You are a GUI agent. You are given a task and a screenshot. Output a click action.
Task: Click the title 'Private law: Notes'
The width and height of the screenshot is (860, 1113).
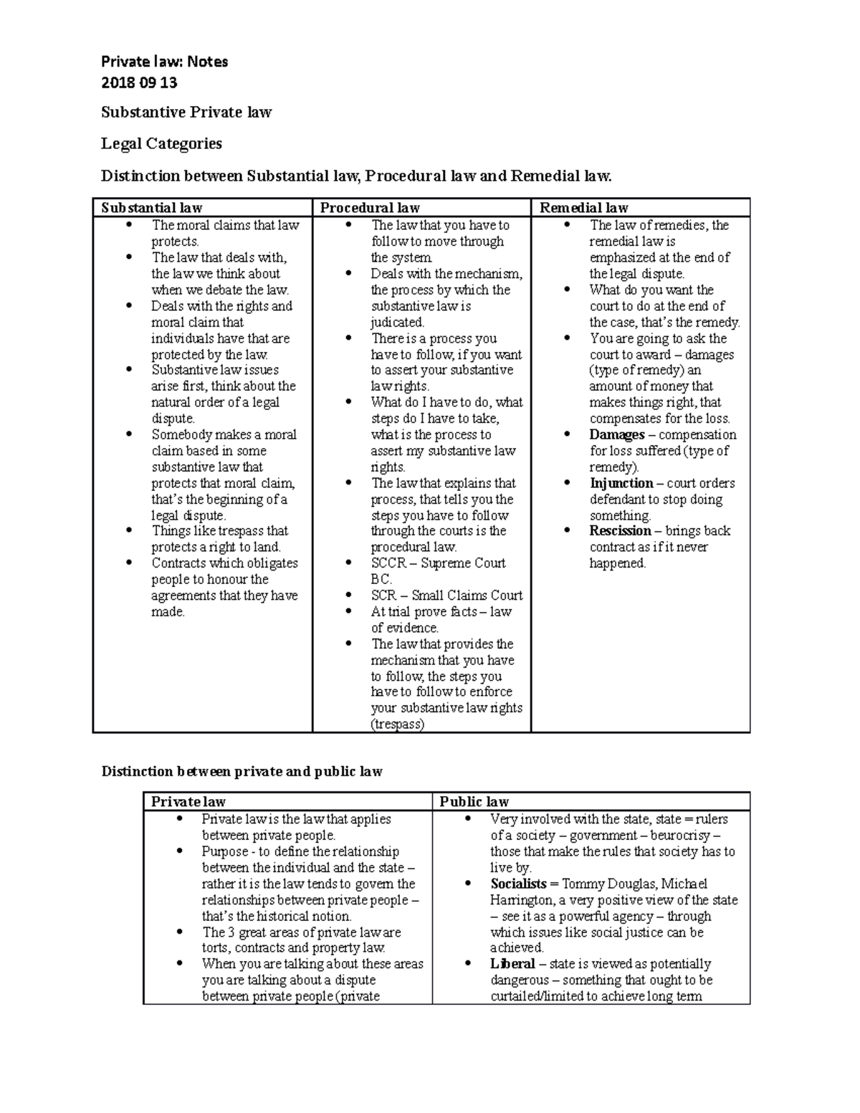(x=164, y=62)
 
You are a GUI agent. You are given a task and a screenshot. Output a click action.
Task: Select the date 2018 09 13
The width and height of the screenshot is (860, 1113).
(x=139, y=82)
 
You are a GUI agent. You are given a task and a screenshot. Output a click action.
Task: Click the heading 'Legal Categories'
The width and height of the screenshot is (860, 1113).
(x=161, y=143)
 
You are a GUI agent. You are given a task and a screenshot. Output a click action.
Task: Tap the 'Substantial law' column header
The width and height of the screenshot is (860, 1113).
(x=151, y=208)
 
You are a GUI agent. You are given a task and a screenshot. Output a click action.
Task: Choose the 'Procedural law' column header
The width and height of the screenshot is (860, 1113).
(x=370, y=208)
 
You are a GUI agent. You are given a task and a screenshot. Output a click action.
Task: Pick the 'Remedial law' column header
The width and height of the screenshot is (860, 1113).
(x=583, y=208)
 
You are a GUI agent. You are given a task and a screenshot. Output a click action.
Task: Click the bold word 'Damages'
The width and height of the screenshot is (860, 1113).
(x=616, y=435)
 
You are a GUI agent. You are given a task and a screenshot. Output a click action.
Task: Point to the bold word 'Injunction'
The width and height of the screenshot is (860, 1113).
(x=621, y=483)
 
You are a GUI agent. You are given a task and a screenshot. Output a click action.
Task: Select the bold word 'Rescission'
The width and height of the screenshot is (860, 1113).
(x=620, y=531)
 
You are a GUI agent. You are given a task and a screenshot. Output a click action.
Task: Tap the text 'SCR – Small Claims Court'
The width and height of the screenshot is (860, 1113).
(x=446, y=596)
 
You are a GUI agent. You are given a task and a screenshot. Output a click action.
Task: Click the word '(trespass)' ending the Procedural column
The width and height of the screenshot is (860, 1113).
(x=397, y=724)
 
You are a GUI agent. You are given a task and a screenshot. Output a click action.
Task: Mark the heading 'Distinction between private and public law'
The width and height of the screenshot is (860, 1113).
(x=242, y=771)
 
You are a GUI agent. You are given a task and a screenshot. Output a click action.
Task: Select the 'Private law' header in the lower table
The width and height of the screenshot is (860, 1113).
(x=188, y=801)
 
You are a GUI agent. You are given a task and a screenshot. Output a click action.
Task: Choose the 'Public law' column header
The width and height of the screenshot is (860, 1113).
(x=474, y=801)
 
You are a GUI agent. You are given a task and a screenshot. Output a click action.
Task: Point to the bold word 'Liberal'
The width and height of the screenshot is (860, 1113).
(x=512, y=964)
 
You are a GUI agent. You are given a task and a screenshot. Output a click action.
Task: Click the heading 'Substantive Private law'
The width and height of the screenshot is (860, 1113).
(x=186, y=112)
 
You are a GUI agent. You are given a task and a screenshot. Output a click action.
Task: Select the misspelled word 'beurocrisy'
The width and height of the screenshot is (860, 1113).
(x=681, y=836)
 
